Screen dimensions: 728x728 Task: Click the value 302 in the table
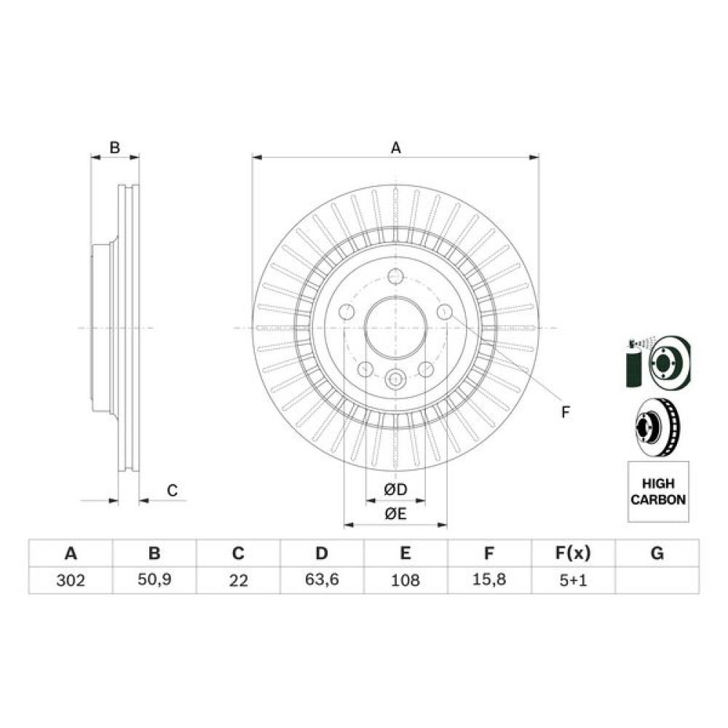tap(71, 580)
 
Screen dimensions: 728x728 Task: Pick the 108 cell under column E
tap(405, 580)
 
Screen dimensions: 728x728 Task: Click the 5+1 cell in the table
tap(574, 580)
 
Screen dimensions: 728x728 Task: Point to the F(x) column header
tap(574, 553)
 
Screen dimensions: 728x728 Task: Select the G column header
tap(657, 553)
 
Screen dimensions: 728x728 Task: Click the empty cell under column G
tap(657, 580)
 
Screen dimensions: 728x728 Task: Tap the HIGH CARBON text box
tap(658, 491)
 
